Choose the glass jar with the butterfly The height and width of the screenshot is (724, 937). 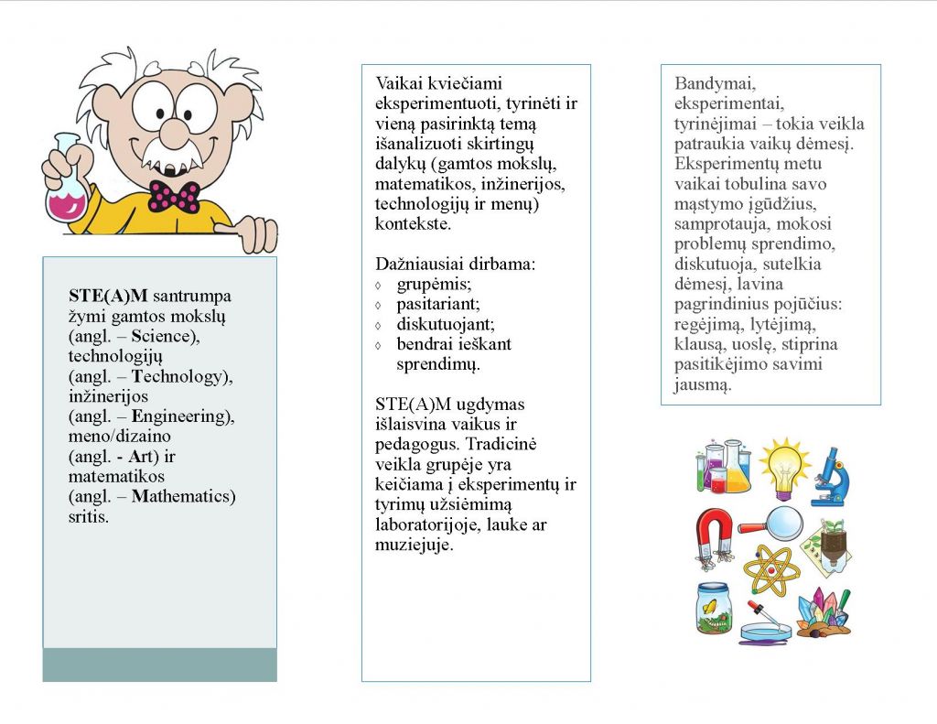click(714, 609)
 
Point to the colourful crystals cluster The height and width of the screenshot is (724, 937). click(824, 613)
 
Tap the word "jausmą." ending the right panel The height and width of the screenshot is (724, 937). click(703, 384)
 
